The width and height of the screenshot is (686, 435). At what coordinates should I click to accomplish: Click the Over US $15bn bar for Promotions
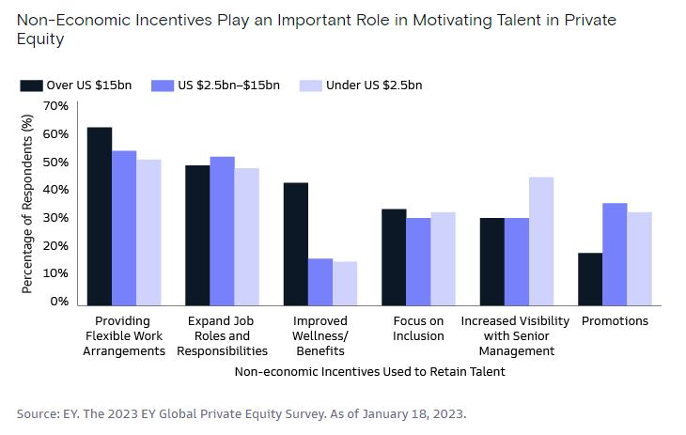tap(590, 279)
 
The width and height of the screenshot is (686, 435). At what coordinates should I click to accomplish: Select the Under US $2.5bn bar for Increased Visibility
tap(540, 241)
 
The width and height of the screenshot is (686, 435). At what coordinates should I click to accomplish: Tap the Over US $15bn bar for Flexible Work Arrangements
tap(100, 216)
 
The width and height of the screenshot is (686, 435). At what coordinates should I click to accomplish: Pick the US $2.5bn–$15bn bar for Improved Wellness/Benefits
tap(320, 282)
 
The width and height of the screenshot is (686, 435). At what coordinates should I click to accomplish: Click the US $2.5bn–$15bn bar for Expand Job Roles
tap(223, 231)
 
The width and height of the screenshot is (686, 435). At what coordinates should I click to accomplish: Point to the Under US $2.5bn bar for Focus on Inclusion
tap(442, 258)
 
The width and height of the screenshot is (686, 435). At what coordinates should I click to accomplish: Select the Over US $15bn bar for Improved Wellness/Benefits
tap(296, 244)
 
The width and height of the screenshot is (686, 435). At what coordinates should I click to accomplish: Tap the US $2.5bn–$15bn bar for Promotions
tap(615, 255)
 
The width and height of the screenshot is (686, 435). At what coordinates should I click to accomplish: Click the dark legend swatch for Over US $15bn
tap(31, 85)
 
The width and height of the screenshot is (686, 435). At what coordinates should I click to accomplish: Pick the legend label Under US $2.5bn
tap(374, 85)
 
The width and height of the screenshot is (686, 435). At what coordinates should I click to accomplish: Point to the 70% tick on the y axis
tap(55, 106)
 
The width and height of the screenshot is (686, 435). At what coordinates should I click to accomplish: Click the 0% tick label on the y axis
tap(59, 302)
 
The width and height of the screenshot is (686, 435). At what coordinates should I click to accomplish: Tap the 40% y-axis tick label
tap(55, 190)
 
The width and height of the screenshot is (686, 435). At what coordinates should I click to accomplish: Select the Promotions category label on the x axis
tap(615, 321)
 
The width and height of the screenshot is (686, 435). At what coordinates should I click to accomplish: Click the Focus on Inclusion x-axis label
tap(418, 329)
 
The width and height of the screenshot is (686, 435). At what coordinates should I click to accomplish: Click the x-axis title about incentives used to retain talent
tap(369, 372)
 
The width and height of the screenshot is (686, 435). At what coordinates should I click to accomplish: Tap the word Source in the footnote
tap(37, 413)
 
